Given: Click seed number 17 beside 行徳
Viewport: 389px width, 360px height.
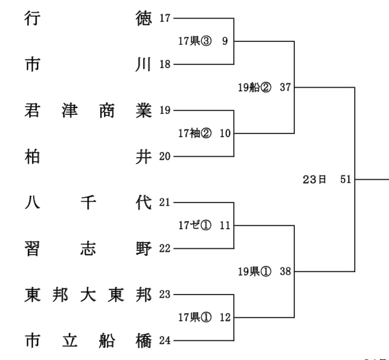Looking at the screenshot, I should [x=164, y=19].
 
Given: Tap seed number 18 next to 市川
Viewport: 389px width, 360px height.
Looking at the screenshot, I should [x=164, y=65].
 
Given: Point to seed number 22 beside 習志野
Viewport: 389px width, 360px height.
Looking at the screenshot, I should [x=164, y=249].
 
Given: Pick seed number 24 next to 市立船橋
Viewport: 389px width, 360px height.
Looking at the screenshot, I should [x=164, y=341].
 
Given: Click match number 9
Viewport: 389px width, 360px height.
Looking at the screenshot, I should [x=225, y=41].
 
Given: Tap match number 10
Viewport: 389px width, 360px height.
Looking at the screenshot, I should [x=225, y=134].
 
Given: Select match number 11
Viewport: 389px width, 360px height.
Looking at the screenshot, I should [x=225, y=226].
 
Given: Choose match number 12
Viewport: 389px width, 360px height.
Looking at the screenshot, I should [x=225, y=318].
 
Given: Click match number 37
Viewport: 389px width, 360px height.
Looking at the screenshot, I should [x=285, y=88].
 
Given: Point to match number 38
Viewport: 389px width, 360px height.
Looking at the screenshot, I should [x=285, y=272].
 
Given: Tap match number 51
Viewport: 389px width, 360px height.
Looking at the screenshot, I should [x=346, y=180].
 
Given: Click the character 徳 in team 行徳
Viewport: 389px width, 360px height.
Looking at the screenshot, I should [x=143, y=19].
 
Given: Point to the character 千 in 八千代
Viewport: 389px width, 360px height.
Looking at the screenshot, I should [x=88, y=203].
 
